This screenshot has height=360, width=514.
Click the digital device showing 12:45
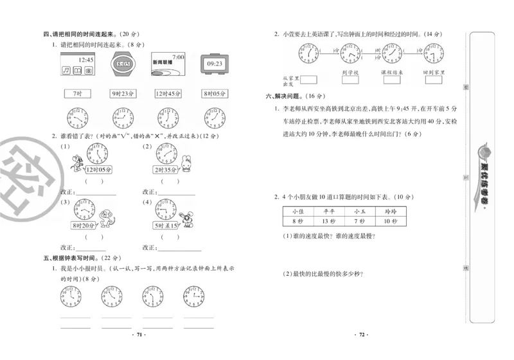point(76,64)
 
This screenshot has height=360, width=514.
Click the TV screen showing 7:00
point(168,64)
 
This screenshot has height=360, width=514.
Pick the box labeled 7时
point(78,94)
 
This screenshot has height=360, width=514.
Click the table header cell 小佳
point(297,211)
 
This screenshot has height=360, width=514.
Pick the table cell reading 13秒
point(328,221)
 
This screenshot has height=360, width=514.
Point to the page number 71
point(139,335)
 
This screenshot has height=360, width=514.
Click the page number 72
point(362,335)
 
